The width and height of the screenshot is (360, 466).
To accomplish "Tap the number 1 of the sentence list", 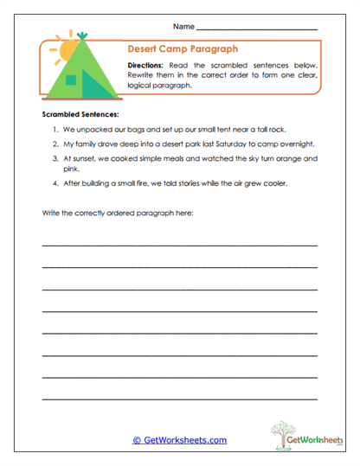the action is tap(55, 128).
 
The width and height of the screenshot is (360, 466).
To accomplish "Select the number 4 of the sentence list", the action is tap(55, 184).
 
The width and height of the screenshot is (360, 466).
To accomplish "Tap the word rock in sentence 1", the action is tap(277, 128).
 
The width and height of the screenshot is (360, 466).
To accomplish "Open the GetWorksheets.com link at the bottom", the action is tap(180, 440).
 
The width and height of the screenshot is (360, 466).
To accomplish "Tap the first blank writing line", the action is tap(179, 246).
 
